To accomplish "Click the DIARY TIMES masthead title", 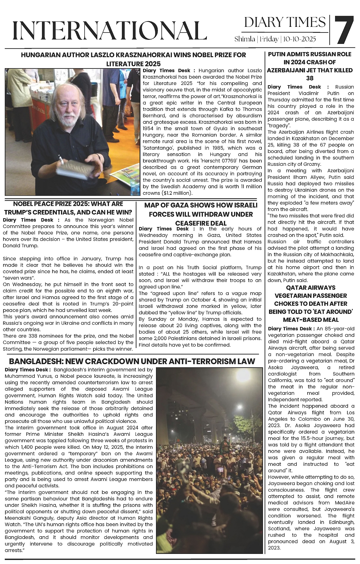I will [x=285, y=22].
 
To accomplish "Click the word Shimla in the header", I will [x=245, y=39].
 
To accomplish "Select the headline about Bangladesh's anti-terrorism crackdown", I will [x=132, y=361].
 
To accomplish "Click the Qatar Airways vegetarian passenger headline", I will [x=311, y=303].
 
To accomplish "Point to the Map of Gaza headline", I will [x=201, y=214].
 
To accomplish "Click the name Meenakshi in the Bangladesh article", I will [x=19, y=518].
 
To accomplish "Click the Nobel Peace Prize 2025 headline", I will [x=68, y=208].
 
